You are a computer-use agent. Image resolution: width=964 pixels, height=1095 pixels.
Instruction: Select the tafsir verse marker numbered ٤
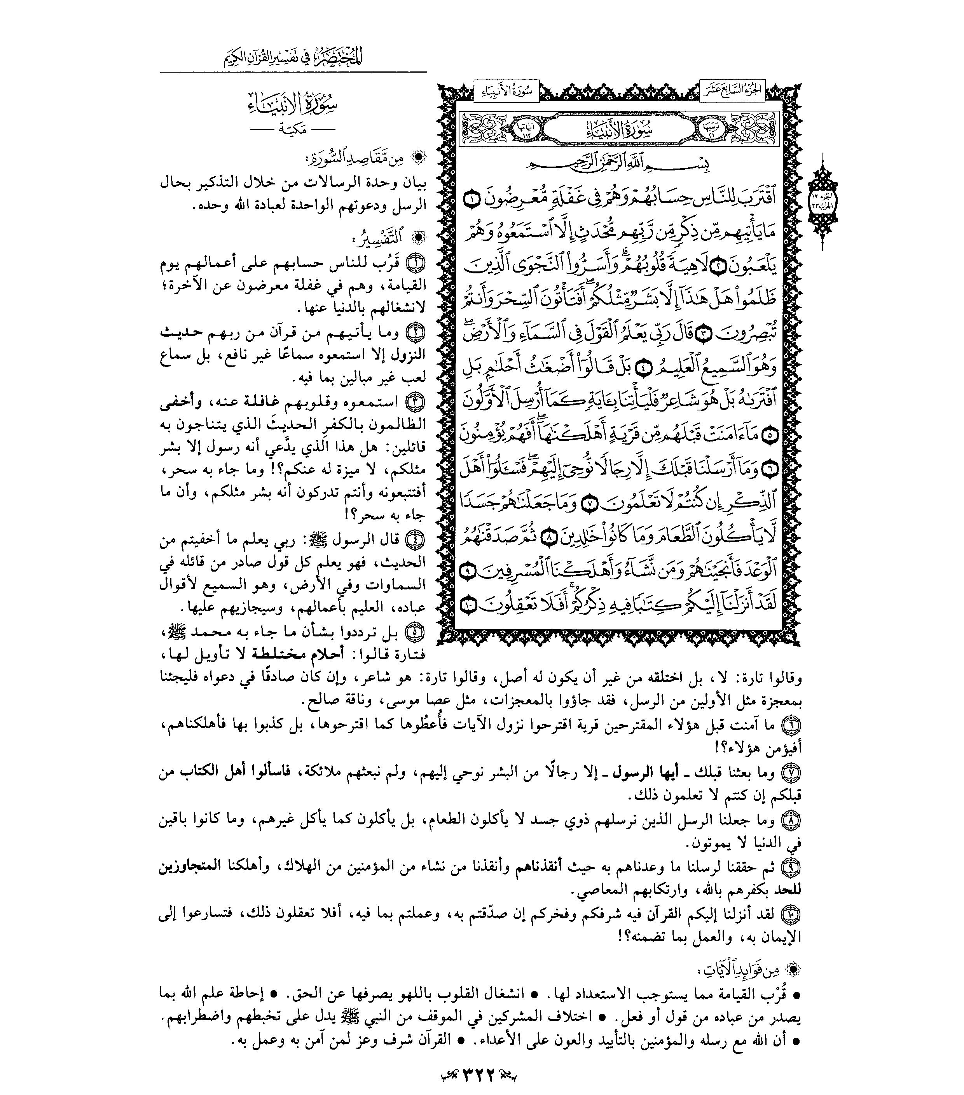pyautogui.click(x=417, y=539)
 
